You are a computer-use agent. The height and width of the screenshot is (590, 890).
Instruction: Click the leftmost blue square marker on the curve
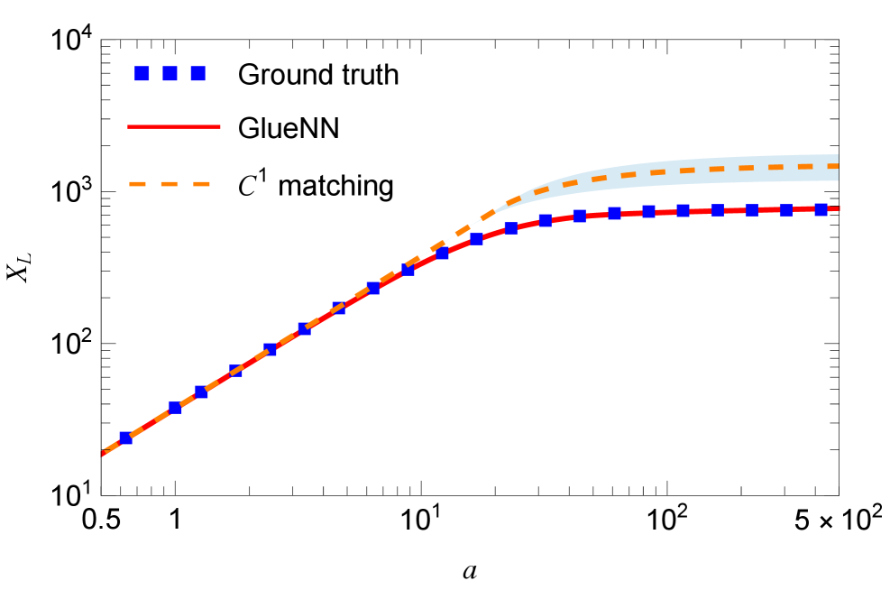(125, 438)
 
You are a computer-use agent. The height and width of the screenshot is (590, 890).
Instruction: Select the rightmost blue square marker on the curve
(821, 209)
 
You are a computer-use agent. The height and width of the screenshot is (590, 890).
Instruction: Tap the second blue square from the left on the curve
(175, 409)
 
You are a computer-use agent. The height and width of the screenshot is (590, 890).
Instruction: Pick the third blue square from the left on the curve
(201, 392)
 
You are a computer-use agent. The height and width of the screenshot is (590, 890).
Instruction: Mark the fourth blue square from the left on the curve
(236, 371)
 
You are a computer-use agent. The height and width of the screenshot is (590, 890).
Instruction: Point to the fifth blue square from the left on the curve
(271, 349)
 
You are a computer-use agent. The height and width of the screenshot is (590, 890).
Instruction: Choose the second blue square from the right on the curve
(786, 209)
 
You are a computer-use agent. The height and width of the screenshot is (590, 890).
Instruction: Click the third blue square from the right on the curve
(752, 209)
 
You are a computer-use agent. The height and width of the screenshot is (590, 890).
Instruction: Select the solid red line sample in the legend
(174, 126)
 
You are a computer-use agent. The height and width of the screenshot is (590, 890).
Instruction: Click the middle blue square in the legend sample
(170, 73)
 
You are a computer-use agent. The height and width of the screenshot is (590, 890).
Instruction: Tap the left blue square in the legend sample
(142, 73)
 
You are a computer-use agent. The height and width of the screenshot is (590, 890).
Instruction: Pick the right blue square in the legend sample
(197, 73)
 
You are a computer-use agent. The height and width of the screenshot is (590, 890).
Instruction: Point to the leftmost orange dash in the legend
(137, 184)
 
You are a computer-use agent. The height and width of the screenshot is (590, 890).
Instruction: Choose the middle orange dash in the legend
(170, 184)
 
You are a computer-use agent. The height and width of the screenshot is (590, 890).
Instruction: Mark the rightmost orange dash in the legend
(202, 184)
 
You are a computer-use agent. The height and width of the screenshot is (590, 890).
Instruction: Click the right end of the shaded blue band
(837, 168)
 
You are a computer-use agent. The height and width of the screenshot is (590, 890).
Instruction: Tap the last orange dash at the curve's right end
(832, 166)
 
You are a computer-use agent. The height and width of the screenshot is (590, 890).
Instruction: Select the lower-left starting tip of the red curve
(103, 455)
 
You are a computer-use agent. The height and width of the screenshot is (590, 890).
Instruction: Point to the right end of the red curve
(838, 208)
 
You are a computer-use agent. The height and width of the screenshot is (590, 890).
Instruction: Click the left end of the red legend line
(130, 126)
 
